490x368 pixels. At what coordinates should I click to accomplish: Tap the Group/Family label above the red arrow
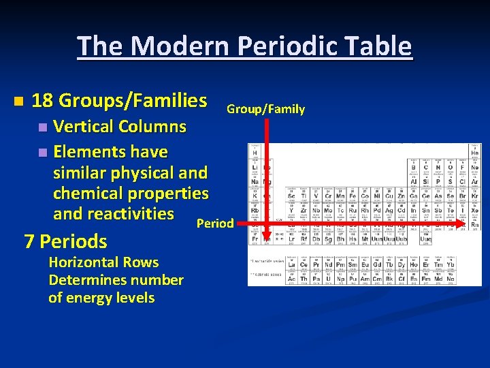point(265,109)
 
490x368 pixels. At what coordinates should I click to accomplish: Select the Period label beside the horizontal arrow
point(214,224)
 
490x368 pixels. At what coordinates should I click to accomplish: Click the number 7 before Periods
point(29,241)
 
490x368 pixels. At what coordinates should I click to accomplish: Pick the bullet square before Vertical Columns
point(43,127)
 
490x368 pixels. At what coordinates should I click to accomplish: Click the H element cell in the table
point(254,151)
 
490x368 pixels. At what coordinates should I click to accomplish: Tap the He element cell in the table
point(474,151)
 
